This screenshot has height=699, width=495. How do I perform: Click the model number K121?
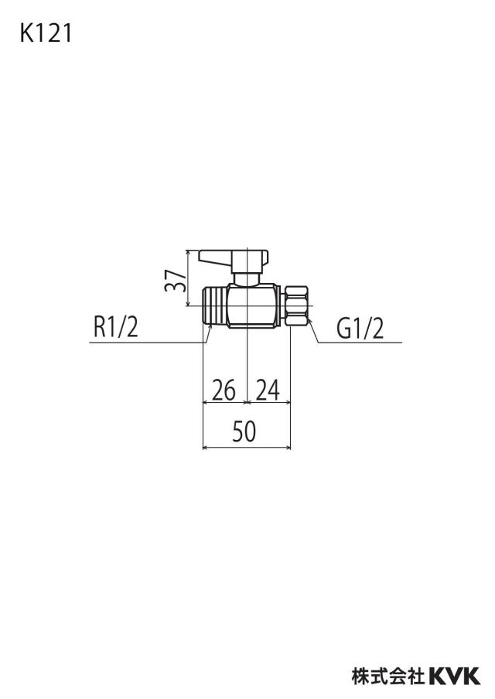pos(46,33)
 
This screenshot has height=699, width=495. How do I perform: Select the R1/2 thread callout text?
pos(116,327)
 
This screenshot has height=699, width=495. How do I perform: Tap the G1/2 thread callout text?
pos(360,329)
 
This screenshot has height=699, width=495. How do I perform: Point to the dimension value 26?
pos(224,390)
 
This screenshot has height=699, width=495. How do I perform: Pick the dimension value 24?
pos(268,390)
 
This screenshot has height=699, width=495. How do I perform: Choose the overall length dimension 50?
pos(244,431)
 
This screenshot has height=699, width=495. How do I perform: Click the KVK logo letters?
pos(455,675)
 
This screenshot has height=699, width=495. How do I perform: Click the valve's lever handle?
pos(234,258)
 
